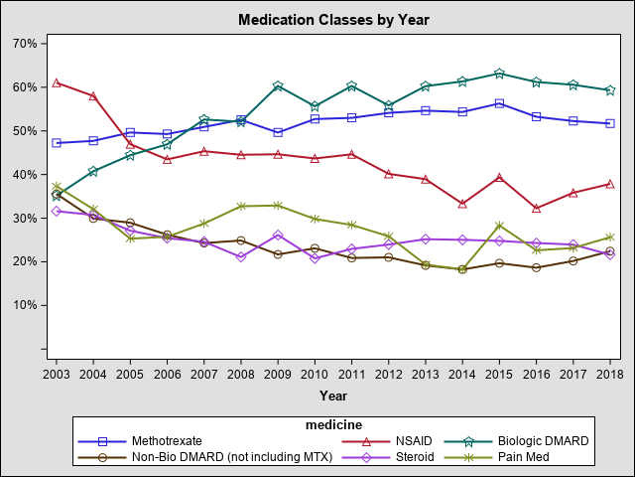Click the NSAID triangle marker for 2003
[x=57, y=82]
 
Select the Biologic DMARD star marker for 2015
[x=500, y=74]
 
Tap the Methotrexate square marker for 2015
[x=500, y=103]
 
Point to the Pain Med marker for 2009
[x=278, y=206]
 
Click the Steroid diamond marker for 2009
[x=278, y=236]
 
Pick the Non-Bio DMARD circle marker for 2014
[x=462, y=269]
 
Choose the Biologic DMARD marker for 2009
[x=278, y=86]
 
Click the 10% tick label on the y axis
[x=24, y=305]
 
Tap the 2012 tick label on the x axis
[x=389, y=374]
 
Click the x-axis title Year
[x=333, y=396]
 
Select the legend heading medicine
[x=332, y=425]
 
